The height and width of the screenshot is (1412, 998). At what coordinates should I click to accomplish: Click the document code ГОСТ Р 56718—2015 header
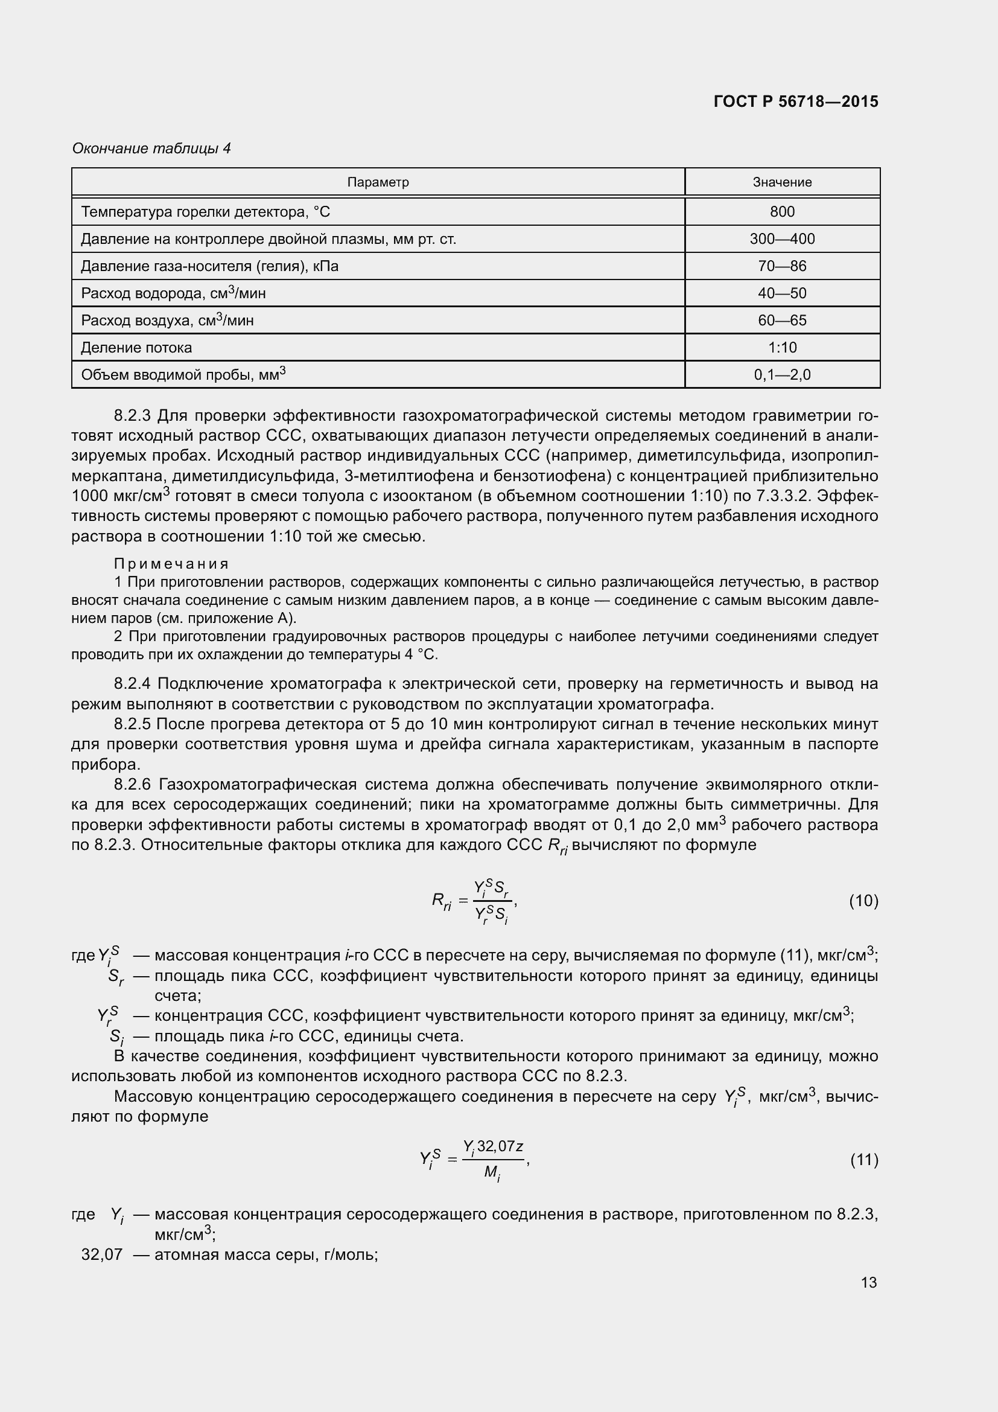coord(796,101)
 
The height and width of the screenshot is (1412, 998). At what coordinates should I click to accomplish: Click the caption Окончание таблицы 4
coord(151,149)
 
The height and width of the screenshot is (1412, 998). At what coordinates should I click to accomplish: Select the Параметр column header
coord(378,182)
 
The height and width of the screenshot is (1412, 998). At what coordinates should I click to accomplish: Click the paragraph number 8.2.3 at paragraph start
coord(132,416)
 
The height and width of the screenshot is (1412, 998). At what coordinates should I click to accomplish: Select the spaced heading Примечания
coord(171,563)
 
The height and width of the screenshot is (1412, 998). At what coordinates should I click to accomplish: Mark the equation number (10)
coord(863,901)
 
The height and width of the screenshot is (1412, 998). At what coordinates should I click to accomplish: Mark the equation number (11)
coord(863,1160)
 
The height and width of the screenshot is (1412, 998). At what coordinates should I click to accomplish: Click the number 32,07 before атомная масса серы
coord(102,1254)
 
